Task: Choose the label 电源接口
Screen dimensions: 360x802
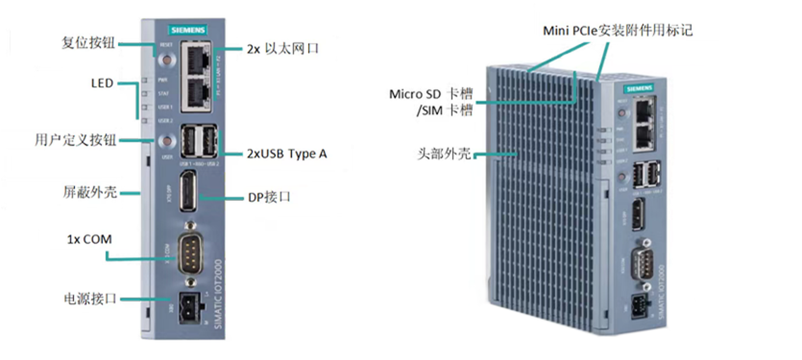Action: tap(89, 299)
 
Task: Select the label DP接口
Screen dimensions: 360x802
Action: tap(269, 197)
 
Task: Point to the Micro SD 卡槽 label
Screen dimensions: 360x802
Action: tap(430, 94)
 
